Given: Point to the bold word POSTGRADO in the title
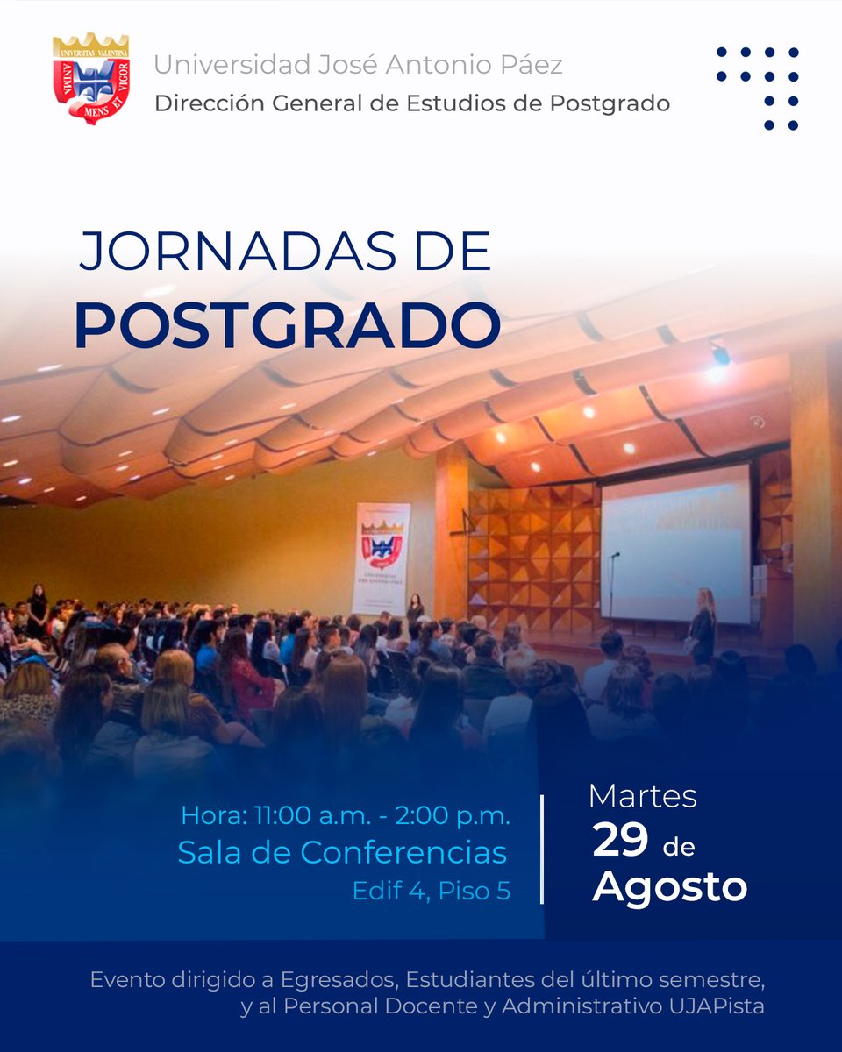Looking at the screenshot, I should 287,324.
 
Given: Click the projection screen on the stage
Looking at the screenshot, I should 675,544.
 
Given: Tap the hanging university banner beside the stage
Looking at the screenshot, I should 381,558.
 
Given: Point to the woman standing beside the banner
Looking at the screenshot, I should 415,607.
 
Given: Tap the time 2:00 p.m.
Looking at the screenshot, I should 453,815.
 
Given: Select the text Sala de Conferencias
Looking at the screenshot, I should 342,852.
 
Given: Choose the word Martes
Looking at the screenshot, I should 642,797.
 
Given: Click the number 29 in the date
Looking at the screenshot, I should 620,842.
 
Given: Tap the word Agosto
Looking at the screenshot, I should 670,887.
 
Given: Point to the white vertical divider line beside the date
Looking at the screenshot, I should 542,849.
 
